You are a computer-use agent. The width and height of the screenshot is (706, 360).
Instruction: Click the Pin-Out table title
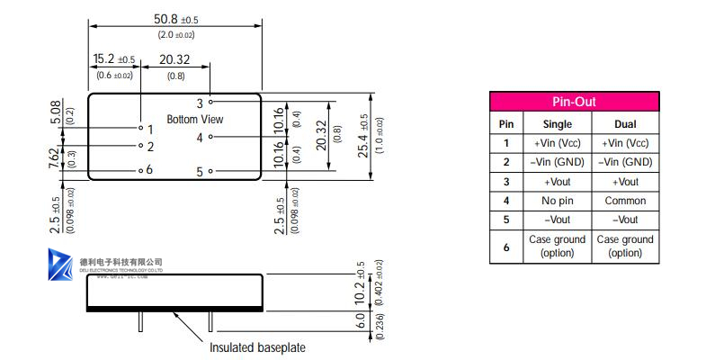(x=573, y=103)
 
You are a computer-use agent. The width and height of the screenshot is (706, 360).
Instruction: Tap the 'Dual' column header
(x=624, y=123)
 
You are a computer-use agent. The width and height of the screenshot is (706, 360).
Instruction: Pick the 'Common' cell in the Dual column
(x=624, y=201)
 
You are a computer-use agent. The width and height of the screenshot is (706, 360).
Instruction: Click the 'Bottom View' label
(x=195, y=119)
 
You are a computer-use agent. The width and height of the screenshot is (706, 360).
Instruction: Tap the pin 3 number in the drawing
(x=200, y=103)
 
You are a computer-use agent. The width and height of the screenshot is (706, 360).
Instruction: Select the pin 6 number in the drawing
(x=149, y=169)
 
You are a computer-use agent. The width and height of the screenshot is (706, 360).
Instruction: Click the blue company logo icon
(x=61, y=265)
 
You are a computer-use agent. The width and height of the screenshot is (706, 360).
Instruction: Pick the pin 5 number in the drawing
(x=200, y=171)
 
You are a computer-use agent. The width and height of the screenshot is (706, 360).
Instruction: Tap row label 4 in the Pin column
(x=506, y=201)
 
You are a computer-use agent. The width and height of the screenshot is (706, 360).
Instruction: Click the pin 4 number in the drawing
(x=200, y=138)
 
